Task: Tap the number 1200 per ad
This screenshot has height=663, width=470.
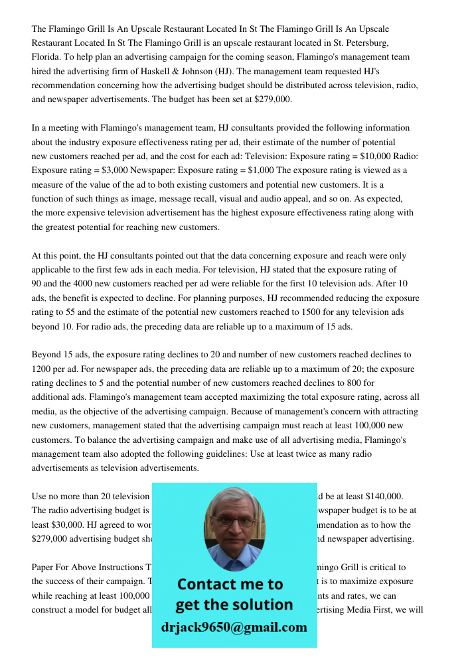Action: coord(43,369)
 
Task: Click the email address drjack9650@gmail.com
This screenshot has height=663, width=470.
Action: coord(234,627)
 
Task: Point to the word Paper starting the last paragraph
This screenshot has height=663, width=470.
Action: coord(44,568)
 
